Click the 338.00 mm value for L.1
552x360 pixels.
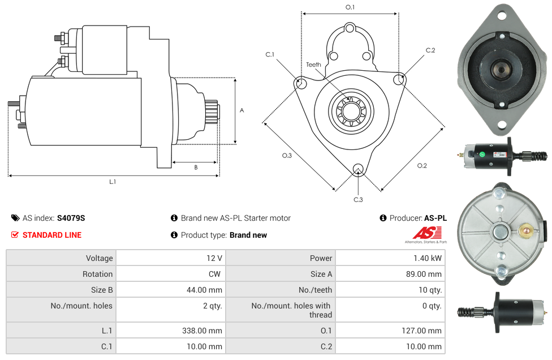coord(206,331)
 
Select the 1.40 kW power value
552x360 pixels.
coord(428,258)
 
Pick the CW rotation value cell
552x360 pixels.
coord(215,274)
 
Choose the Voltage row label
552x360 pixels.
coord(99,258)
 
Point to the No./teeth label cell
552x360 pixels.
coord(315,290)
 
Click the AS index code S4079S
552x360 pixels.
coord(71,218)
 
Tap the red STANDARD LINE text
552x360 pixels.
coord(52,235)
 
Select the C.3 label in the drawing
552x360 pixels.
coord(358,199)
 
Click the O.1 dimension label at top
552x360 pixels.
coord(350,7)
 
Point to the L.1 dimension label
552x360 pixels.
coord(113,182)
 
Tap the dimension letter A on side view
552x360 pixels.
coord(242,110)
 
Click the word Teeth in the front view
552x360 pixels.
coord(313,65)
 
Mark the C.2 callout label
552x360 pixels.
coord(430,50)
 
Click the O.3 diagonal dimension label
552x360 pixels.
coord(287,156)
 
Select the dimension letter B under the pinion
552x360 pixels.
coord(196,167)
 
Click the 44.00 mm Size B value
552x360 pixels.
coord(206,290)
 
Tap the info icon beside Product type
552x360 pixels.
coord(174,235)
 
